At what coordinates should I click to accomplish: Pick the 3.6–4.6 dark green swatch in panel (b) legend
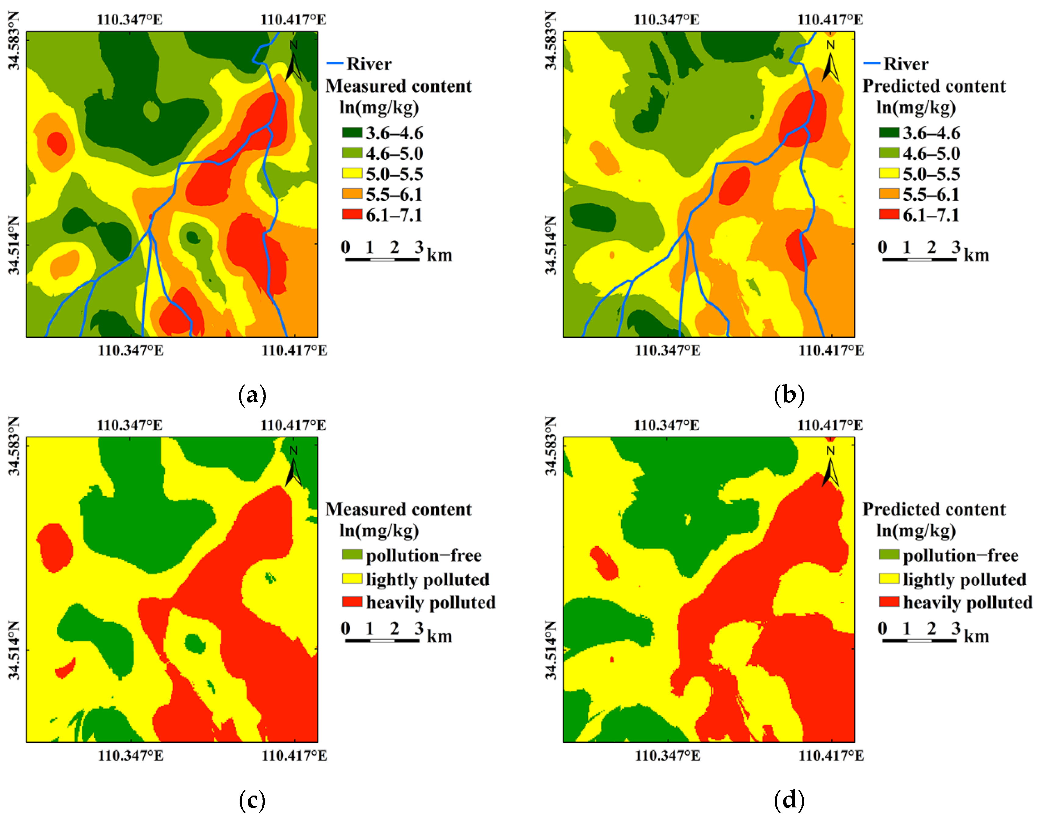coord(889,132)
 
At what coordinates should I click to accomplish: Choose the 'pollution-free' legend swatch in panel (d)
coord(889,555)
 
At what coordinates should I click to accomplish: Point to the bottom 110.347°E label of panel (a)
coord(130,350)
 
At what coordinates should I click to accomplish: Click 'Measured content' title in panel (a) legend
coord(399,86)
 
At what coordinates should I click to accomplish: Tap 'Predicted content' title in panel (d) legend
coord(934,509)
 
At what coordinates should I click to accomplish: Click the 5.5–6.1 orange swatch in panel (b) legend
coord(889,194)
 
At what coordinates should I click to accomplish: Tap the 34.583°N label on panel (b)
coord(551,41)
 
